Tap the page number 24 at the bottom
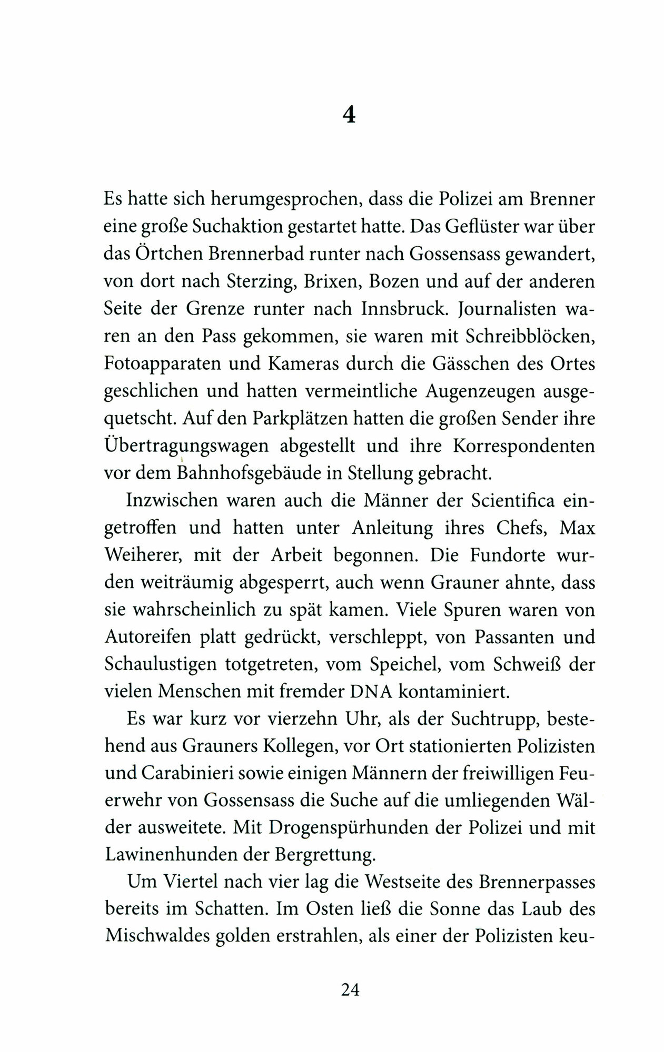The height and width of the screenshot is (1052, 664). pos(350,990)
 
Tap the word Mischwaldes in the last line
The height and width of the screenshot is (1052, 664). pos(164,938)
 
